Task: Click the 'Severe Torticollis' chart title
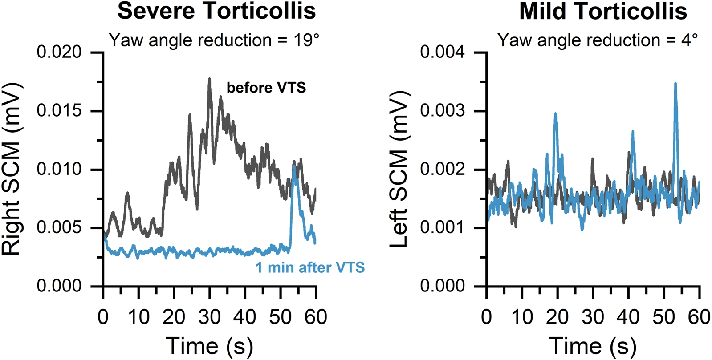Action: pyautogui.click(x=216, y=11)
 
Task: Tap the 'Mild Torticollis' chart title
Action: pyautogui.click(x=603, y=11)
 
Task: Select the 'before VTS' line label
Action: pyautogui.click(x=266, y=88)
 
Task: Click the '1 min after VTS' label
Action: pyautogui.click(x=310, y=267)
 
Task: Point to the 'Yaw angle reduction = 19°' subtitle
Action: pyautogui.click(x=214, y=40)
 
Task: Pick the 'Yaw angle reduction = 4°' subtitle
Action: pyautogui.click(x=598, y=40)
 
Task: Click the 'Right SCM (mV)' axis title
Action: pyautogui.click(x=12, y=169)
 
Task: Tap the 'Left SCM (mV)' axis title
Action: pyautogui.click(x=399, y=169)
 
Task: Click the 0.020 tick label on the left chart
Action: pyautogui.click(x=59, y=53)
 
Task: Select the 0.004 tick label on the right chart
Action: pyautogui.click(x=443, y=53)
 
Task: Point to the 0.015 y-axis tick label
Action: pyautogui.click(x=59, y=111)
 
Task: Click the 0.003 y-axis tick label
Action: pyautogui.click(x=443, y=111)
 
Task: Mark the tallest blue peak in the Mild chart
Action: pyautogui.click(x=675, y=83)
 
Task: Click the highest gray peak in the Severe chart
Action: pyautogui.click(x=209, y=79)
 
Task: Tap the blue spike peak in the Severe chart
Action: pyautogui.click(x=294, y=166)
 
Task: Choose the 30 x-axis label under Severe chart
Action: pyautogui.click(x=209, y=317)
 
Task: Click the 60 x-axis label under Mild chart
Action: pyautogui.click(x=699, y=317)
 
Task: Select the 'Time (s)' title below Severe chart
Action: pyautogui.click(x=209, y=346)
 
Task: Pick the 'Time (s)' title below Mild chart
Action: pyautogui.click(x=593, y=346)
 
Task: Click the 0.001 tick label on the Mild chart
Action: pyautogui.click(x=443, y=228)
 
